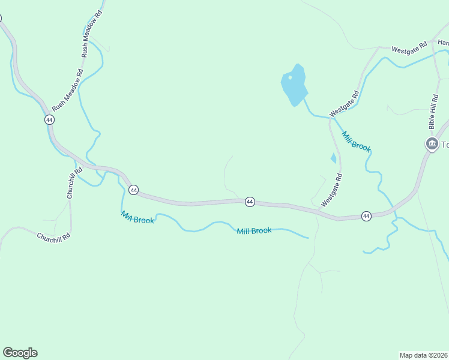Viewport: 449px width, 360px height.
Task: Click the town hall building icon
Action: [x=432, y=144]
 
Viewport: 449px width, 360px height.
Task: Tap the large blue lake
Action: [x=294, y=84]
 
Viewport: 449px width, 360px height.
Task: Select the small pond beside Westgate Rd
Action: [x=333, y=158]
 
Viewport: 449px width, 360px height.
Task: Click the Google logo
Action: [x=20, y=353]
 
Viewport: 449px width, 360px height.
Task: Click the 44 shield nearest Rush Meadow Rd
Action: [x=49, y=120]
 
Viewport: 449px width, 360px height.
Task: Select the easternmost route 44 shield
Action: [x=366, y=215]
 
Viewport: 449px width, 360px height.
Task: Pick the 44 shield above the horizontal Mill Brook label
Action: [x=250, y=202]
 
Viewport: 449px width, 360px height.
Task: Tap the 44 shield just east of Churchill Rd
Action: [x=133, y=190]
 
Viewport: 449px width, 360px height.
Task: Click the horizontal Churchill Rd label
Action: [x=53, y=236]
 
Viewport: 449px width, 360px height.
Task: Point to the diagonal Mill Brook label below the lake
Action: [x=357, y=142]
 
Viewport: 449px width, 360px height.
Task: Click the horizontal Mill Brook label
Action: [x=254, y=230]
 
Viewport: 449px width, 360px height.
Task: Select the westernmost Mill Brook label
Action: [x=137, y=217]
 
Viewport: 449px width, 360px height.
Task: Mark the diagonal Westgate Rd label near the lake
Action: [x=344, y=104]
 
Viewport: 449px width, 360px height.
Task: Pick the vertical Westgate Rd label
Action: [x=331, y=190]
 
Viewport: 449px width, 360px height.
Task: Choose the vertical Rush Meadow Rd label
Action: [x=92, y=34]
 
